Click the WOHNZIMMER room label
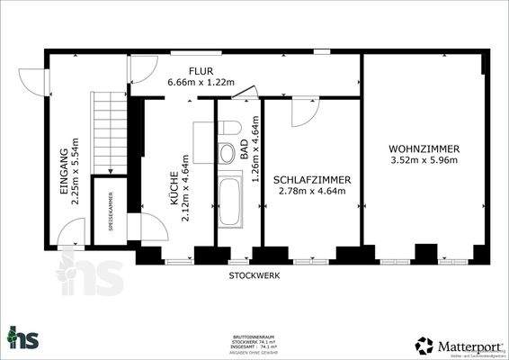click(x=424, y=148)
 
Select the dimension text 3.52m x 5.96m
click(x=424, y=161)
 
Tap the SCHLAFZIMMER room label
click(x=312, y=179)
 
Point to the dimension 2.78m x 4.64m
click(x=312, y=191)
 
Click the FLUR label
click(x=200, y=70)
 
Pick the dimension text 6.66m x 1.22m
click(x=200, y=83)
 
